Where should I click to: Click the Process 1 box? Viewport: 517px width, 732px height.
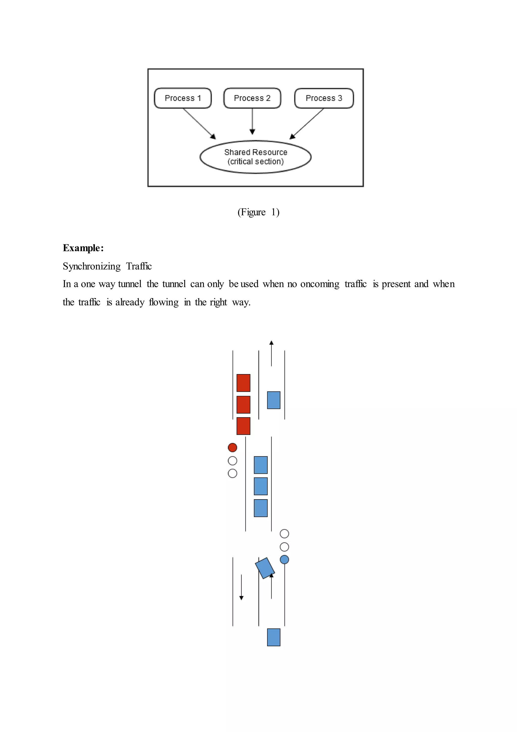click(x=183, y=98)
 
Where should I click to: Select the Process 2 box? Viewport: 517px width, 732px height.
click(x=252, y=98)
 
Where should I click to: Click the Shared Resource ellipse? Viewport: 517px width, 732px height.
click(x=255, y=157)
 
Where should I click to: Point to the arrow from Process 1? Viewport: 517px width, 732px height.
click(x=199, y=123)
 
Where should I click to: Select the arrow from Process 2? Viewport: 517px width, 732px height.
click(x=252, y=121)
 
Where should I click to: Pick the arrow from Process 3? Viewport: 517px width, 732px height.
click(x=307, y=123)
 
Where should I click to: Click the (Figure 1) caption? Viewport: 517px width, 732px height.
click(x=258, y=212)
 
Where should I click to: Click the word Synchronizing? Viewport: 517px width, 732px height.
click(x=92, y=266)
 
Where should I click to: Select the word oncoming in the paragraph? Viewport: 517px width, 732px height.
click(x=320, y=284)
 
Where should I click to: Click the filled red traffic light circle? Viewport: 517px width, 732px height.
click(x=232, y=447)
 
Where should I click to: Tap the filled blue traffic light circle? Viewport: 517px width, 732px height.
click(x=284, y=559)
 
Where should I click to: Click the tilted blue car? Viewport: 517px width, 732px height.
click(x=265, y=568)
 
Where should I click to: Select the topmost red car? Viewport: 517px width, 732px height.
click(x=243, y=383)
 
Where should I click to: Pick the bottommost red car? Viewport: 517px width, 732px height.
click(x=243, y=426)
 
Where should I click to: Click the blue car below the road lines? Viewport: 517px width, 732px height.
click(x=274, y=637)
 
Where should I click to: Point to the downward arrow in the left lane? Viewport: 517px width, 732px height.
click(x=241, y=587)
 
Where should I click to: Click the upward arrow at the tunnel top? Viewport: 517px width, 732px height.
click(x=271, y=353)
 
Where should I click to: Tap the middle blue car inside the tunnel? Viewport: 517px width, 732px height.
click(x=261, y=486)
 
